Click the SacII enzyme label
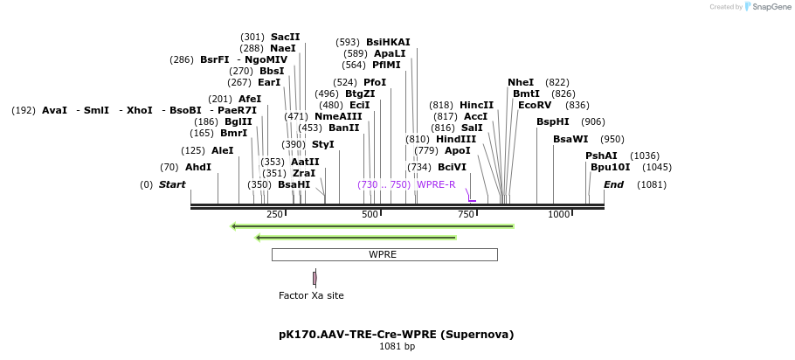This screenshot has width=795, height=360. click(285, 37)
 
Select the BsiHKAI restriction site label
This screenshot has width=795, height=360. click(388, 42)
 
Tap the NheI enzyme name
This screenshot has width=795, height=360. click(521, 82)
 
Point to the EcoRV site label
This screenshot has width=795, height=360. click(535, 105)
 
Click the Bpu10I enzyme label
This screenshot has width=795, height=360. click(610, 167)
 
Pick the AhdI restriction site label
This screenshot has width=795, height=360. click(198, 167)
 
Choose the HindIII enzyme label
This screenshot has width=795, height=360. click(456, 139)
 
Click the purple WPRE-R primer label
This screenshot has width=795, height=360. click(436, 184)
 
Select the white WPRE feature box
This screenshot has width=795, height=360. click(384, 254)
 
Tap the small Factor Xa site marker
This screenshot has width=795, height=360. click(315, 278)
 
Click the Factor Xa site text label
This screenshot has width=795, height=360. click(311, 295)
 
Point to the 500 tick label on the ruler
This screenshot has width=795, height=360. click(370, 214)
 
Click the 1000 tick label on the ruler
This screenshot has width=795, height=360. click(558, 214)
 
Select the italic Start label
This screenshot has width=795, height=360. click(172, 184)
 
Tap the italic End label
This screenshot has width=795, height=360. click(613, 184)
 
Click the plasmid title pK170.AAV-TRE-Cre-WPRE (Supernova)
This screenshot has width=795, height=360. click(396, 334)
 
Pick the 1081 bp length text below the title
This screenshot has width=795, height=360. click(397, 347)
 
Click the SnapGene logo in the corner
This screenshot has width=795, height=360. click(768, 7)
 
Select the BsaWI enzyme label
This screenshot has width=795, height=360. click(570, 139)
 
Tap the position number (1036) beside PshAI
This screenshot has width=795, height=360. click(645, 156)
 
